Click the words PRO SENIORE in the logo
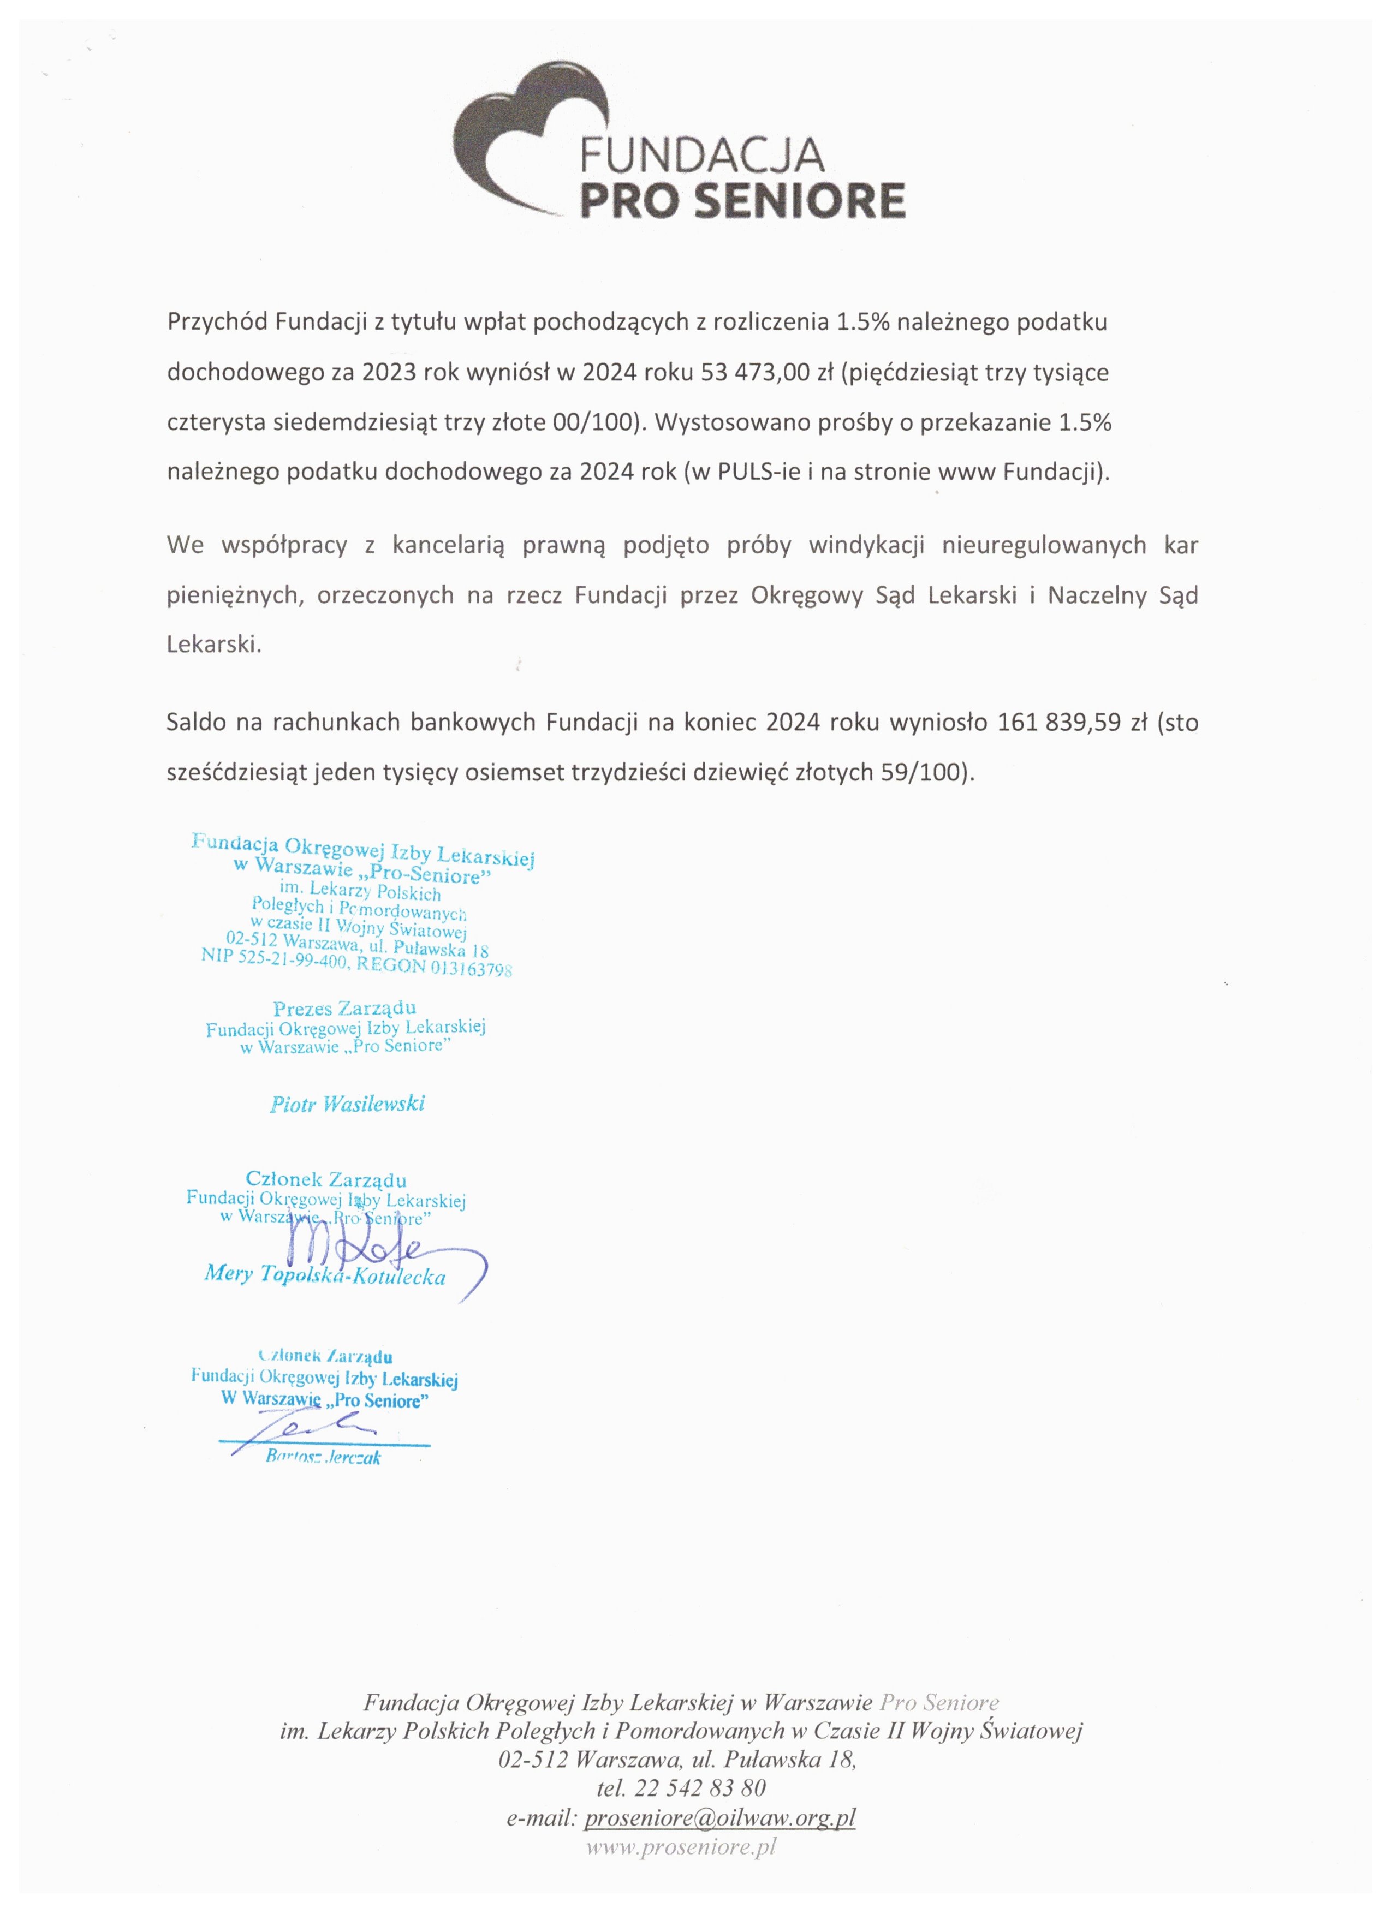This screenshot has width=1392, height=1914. coord(743,201)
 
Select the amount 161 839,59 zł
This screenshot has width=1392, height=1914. coord(1072,723)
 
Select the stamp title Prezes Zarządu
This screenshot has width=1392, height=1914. coord(344,1009)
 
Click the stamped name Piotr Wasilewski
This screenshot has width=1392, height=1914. coord(347,1104)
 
